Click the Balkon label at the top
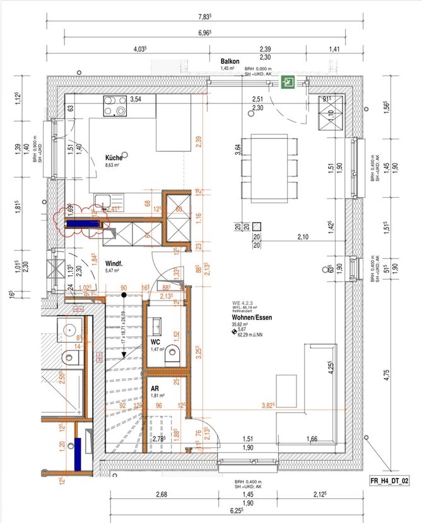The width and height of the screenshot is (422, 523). point(230,61)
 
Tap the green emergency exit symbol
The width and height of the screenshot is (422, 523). point(290,81)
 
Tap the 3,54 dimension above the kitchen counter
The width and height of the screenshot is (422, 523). point(136,99)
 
